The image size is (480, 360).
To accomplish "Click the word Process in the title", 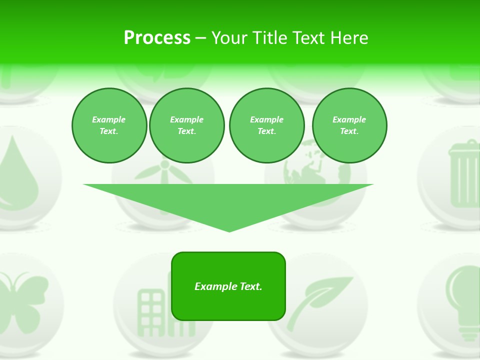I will click(157, 38).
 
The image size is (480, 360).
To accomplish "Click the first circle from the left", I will click(109, 125).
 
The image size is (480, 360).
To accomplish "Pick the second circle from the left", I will click(186, 125).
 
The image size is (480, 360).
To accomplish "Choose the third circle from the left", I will click(266, 125).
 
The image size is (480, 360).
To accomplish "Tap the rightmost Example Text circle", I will click(349, 125).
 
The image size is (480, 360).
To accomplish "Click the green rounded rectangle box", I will click(228, 286).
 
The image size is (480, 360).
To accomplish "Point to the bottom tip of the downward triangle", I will click(229, 230).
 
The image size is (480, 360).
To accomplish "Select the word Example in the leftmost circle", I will click(109, 119).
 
